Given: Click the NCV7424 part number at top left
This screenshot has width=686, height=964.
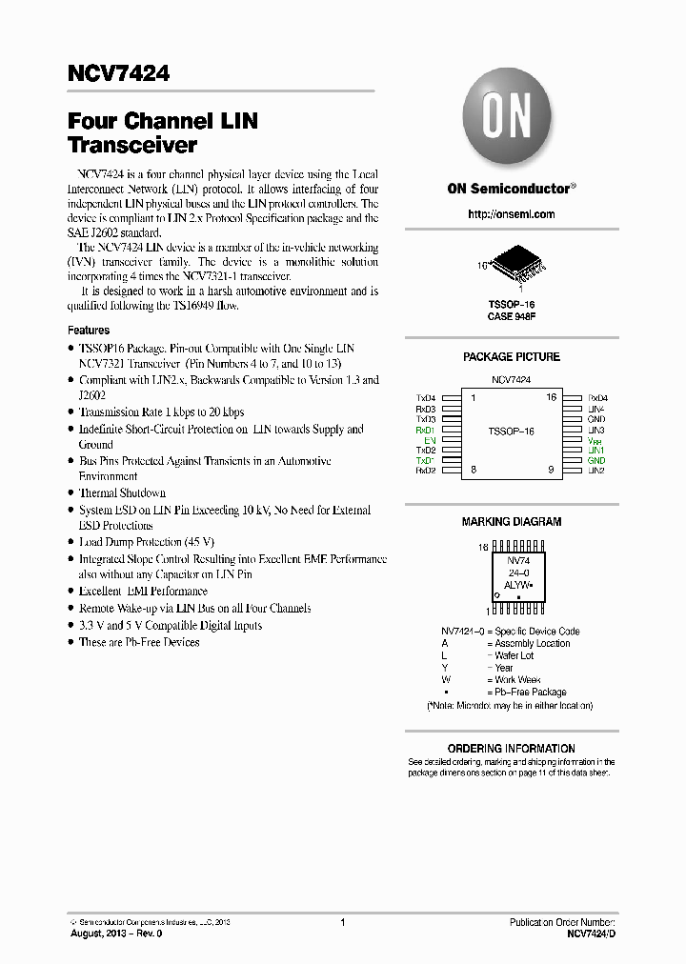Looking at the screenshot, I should point(118,73).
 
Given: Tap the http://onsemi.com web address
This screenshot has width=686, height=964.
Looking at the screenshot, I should point(511,214).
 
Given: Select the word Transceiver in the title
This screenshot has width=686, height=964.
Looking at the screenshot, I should point(132,146).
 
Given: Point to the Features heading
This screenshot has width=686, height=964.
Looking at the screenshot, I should point(89,331).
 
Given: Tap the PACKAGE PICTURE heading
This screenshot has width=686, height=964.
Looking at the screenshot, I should point(511,357).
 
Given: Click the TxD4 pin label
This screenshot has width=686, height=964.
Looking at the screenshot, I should point(425,398).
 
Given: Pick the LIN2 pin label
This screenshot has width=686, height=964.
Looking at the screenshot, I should point(596,471).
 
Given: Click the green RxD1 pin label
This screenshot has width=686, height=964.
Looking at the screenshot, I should point(425,430).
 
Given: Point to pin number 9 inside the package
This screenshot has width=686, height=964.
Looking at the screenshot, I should point(551,470).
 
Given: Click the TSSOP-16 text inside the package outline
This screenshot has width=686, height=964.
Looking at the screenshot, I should point(511,432).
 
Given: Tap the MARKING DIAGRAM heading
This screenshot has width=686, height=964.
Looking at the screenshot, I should point(511,522).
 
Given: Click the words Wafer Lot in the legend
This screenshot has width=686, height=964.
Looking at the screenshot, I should point(514,655).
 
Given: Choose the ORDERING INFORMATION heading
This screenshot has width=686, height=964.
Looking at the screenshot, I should point(511,749).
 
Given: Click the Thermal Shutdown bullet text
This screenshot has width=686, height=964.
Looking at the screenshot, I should point(122,493).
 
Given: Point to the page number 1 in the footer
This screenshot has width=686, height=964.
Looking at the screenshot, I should point(342,922).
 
